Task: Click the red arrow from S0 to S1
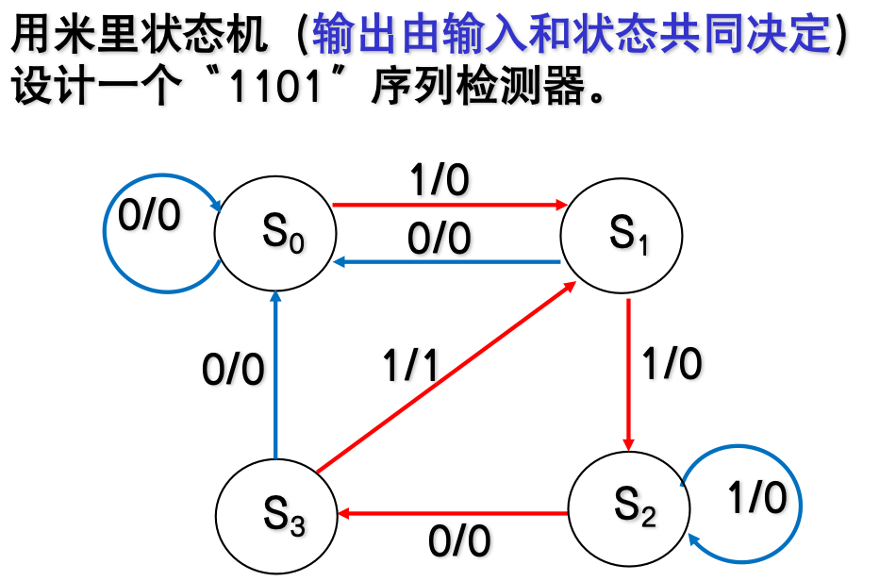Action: pos(448,204)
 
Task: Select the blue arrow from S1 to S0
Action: pos(448,262)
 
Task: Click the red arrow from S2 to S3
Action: pos(453,514)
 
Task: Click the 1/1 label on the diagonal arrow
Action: pos(409,365)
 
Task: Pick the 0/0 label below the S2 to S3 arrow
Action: pos(459,542)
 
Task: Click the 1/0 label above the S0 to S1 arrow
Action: pos(439,181)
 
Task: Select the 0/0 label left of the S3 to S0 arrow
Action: pos(233,371)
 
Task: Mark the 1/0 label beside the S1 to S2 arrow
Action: pos(672,363)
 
